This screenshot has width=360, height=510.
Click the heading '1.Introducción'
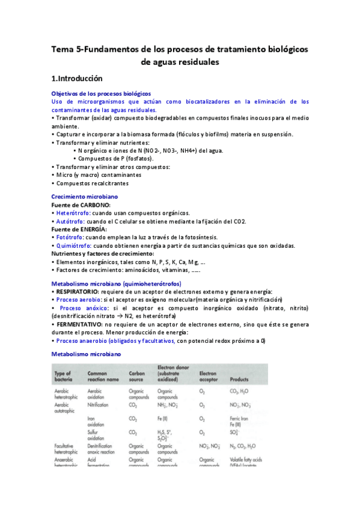pyautogui.click(x=77, y=78)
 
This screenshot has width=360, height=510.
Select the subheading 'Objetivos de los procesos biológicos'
pyautogui.click(x=100, y=94)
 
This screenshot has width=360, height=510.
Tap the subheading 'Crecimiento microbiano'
pyautogui.click(x=84, y=197)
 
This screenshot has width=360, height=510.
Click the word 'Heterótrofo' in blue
pyautogui.click(x=73, y=213)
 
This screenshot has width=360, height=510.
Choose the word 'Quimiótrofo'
pyautogui.click(x=73, y=246)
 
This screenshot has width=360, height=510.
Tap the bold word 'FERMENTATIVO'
pyautogui.click(x=78, y=324)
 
